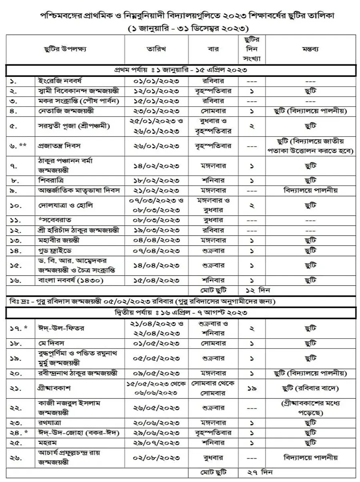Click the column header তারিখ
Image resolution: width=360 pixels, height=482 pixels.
(156, 49)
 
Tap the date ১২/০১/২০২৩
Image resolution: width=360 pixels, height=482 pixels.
(156, 91)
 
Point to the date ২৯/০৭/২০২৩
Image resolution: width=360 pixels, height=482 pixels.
(156, 443)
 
